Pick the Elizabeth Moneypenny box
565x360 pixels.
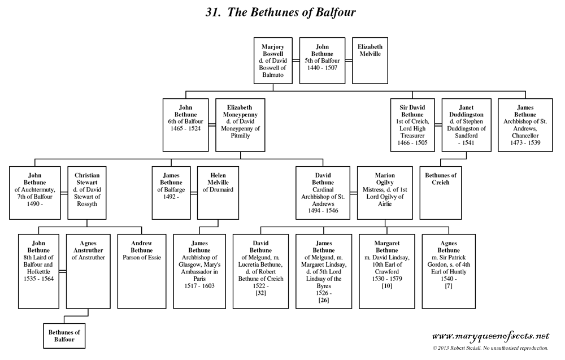click(x=240, y=125)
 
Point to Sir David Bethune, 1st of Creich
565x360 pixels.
click(x=413, y=125)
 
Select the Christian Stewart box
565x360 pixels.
click(x=87, y=193)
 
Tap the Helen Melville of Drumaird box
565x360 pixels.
click(x=219, y=193)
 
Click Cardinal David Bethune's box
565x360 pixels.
click(x=324, y=193)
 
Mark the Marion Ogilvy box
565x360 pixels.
click(x=385, y=193)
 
